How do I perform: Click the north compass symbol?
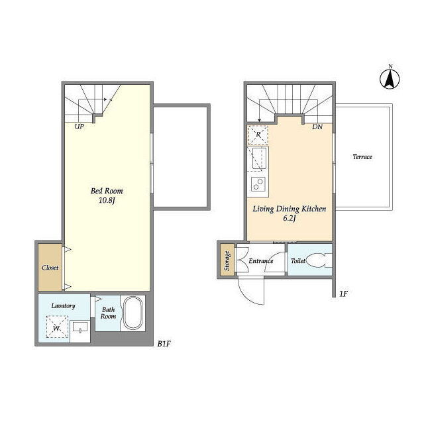pos(390,79)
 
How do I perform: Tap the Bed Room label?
pos(107,191)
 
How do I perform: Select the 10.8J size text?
pos(107,201)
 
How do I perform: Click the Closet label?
pos(50,268)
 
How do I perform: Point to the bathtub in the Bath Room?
pos(132,313)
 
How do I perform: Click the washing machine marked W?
pos(57,327)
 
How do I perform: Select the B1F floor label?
pos(164,344)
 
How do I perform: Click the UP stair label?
pos(79,127)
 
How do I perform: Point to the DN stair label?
pos(317,127)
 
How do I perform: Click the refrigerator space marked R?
pos(258,134)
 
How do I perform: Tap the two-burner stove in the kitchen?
pos(258,184)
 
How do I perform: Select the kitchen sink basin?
pos(259,158)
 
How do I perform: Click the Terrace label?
pos(362,157)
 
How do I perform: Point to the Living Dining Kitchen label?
pos(290,209)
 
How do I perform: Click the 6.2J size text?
pos(289,218)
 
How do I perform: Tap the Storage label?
pos(227,261)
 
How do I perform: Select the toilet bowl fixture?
pos(319,260)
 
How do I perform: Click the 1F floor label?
pos(343,293)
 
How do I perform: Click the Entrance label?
pos(260,261)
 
